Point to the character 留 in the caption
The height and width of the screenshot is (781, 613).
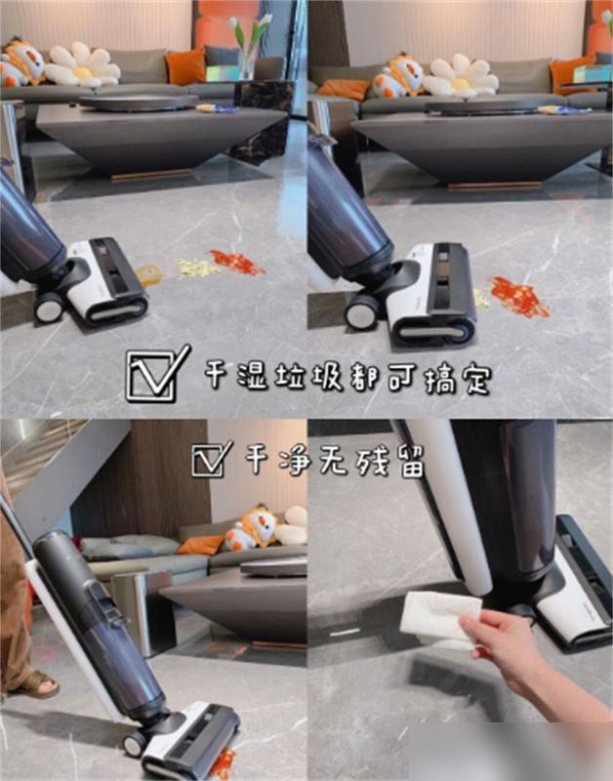click(x=411, y=462)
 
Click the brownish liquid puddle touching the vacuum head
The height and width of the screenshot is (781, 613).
click(x=149, y=275)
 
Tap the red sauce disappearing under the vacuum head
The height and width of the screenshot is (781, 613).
click(x=225, y=762)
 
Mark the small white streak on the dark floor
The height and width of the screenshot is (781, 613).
click(x=346, y=633)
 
